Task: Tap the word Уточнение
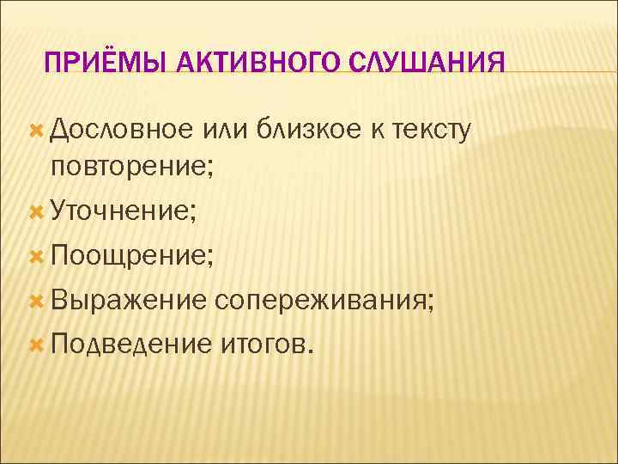[121, 211]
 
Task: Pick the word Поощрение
[127, 255]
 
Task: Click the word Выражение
[128, 300]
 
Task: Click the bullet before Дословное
[36, 130]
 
